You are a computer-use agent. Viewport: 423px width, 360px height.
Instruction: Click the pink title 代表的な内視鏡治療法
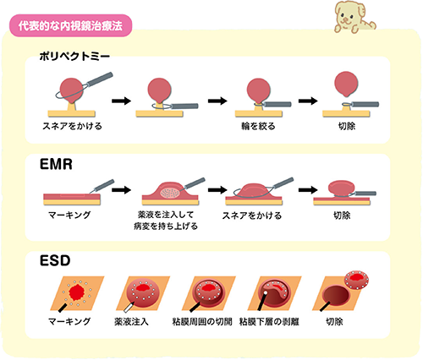70,26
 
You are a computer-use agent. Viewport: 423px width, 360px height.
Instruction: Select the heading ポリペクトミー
74,57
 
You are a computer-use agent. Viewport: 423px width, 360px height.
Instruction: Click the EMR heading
56,164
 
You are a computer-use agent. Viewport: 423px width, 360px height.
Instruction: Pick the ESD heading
55,260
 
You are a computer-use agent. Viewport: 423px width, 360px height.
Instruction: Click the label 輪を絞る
258,126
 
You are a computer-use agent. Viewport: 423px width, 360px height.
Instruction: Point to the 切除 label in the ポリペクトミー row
347,126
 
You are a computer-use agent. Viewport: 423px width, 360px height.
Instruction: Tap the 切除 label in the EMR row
342,215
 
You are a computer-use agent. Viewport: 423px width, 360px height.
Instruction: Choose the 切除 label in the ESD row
334,321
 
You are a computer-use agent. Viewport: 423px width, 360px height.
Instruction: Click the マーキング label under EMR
69,215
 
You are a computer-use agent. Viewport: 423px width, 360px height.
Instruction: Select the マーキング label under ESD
69,321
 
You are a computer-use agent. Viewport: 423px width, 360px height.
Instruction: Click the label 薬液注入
131,321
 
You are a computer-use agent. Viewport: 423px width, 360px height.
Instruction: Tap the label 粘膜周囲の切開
202,321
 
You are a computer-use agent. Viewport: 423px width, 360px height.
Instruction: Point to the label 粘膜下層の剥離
269,321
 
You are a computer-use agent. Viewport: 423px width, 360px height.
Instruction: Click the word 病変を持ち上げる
166,226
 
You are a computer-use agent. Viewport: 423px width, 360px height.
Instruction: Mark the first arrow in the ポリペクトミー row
122,101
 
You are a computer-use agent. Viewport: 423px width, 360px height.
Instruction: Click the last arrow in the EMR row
308,189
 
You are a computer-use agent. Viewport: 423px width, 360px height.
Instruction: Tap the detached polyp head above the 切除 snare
346,84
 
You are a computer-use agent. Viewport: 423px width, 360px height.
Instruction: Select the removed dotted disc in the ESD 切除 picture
356,280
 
